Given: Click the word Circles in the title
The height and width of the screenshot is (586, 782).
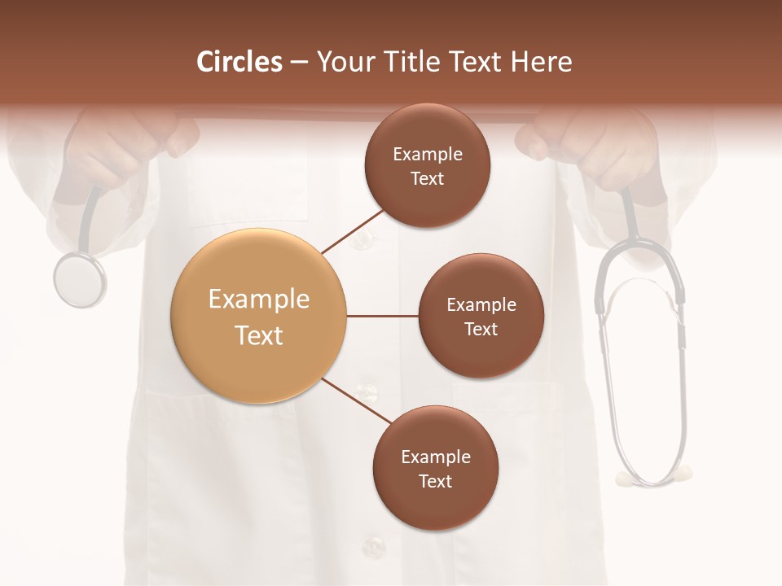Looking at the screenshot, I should pyautogui.click(x=239, y=62).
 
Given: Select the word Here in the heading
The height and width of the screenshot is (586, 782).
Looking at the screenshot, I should pyautogui.click(x=543, y=62).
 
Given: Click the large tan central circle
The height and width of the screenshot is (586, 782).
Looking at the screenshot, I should pyautogui.click(x=258, y=317).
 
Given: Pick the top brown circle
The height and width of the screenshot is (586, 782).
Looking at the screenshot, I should pyautogui.click(x=427, y=166).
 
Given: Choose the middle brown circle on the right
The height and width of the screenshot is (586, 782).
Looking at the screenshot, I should pyautogui.click(x=481, y=317).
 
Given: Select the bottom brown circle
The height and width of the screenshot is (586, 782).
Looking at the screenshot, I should pyautogui.click(x=435, y=468).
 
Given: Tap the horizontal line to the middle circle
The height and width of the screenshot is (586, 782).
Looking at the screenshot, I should pyautogui.click(x=383, y=316).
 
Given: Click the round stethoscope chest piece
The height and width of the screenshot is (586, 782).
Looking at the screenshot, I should pyautogui.click(x=79, y=278).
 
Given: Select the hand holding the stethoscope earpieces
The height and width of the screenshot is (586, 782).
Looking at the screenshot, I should pyautogui.click(x=603, y=146).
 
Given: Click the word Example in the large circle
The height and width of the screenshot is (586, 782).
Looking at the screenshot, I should pyautogui.click(x=258, y=300).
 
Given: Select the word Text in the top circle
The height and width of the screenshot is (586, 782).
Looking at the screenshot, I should pyautogui.click(x=427, y=179).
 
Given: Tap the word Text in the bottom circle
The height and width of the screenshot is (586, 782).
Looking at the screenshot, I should pyautogui.click(x=435, y=481).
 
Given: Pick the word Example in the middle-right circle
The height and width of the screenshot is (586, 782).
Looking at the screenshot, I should pyautogui.click(x=481, y=305).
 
